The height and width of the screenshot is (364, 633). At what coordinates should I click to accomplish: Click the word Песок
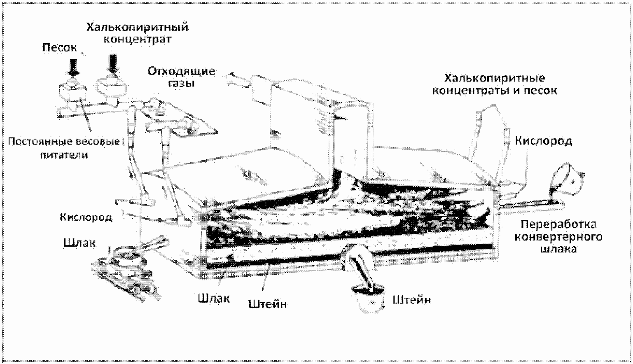coord(60,47)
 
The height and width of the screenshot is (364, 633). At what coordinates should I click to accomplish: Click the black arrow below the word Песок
coord(73,67)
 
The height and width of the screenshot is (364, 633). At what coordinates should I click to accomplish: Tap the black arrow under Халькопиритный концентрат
coord(113,63)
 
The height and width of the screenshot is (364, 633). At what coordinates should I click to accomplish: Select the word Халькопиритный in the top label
coord(137,28)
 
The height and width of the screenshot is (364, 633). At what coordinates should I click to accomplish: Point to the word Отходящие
coord(181,71)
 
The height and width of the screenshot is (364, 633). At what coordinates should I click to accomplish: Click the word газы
coord(181,83)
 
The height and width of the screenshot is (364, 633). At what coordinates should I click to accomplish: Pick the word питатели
coord(64,155)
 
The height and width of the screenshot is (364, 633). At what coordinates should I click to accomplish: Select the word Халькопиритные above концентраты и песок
coord(495,78)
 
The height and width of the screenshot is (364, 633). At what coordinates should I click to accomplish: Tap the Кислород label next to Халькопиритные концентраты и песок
coord(544,141)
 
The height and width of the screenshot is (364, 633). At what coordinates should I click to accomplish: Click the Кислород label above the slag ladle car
coord(86,217)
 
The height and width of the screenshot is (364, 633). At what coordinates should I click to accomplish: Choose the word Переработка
coord(558,224)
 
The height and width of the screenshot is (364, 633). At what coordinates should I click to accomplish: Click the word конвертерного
coord(558,236)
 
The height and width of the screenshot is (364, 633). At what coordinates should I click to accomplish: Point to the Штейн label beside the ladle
coord(412,300)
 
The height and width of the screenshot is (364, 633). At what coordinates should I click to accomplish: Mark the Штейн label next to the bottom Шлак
coord(268,304)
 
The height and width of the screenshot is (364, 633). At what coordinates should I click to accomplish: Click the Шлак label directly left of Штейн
coord(214,298)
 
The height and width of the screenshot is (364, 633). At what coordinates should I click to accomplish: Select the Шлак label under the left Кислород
coord(79,243)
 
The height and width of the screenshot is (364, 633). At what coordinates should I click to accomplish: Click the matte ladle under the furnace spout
coord(369,299)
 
